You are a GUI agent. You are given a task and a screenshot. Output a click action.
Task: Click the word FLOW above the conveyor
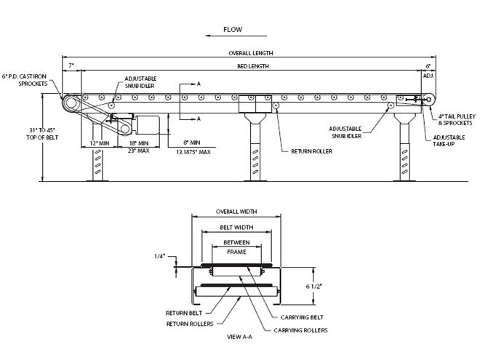coord(233,30)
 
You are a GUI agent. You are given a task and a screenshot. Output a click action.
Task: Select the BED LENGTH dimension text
coord(252,66)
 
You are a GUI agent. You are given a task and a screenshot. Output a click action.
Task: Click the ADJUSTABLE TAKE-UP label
coord(451,141)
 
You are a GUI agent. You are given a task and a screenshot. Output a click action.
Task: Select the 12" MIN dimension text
coord(99,144)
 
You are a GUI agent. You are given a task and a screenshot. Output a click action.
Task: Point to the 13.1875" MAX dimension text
coord(193,152)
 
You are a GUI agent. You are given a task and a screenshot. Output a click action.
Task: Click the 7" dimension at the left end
coord(71,66)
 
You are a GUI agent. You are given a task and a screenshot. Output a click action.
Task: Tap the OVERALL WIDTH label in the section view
coord(236,212)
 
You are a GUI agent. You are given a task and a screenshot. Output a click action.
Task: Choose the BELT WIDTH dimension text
coord(236,228)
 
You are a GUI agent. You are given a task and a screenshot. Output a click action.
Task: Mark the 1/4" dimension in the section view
coord(160,256)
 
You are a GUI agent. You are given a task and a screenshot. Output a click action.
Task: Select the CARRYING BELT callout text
coord(300,318)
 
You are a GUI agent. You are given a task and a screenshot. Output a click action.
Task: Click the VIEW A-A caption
coord(235,338)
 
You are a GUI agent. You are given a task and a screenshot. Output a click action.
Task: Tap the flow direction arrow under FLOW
coord(233,41)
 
